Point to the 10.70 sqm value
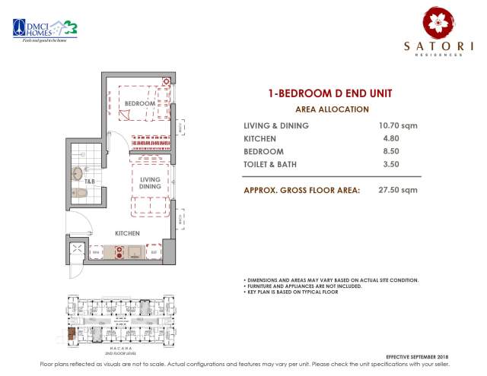pos(399,125)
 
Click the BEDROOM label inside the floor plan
pos(140,103)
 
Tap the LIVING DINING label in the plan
pos(150,183)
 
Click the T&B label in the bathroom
pos(89,182)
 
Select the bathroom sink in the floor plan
pos(78,174)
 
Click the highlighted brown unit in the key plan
pos(71,332)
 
